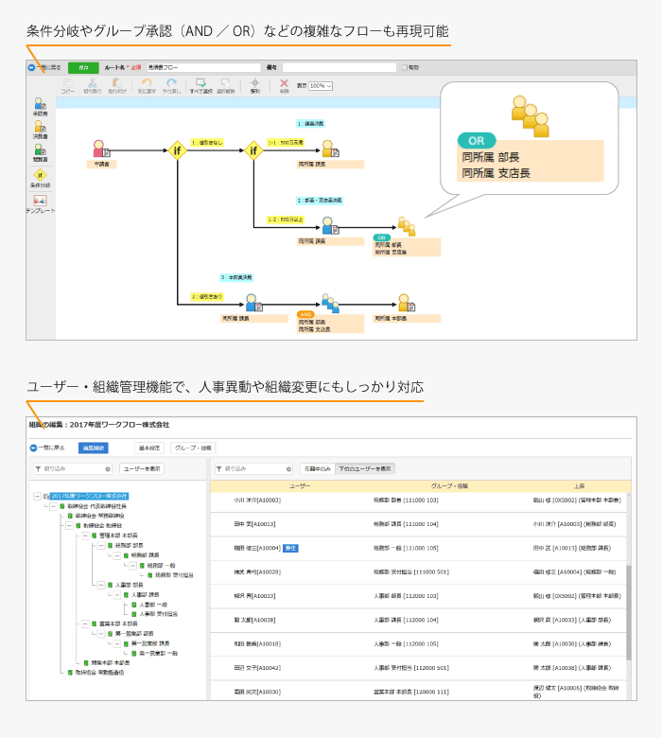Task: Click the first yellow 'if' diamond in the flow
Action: (177, 149)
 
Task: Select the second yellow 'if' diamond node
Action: (253, 149)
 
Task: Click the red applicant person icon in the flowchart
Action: (99, 149)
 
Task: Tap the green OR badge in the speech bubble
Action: (477, 141)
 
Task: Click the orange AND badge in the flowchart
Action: (305, 313)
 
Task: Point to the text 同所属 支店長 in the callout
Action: (496, 172)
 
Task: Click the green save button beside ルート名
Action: (83, 68)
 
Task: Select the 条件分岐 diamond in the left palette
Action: (40, 175)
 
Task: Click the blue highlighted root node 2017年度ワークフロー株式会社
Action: (89, 496)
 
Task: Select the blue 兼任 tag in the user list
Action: (291, 548)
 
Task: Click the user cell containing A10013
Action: (254, 523)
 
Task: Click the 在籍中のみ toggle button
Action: (316, 468)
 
